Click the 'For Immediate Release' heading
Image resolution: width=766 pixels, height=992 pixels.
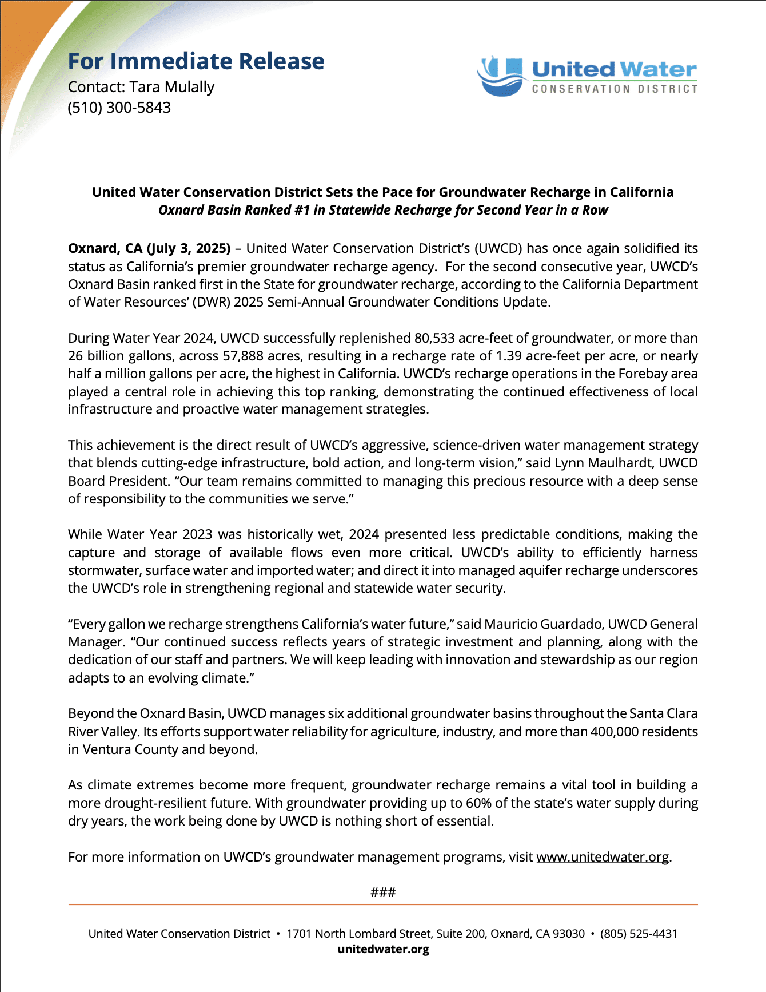[196, 62]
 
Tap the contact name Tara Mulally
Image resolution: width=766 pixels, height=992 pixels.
[171, 87]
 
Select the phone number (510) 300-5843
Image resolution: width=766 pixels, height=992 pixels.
[119, 108]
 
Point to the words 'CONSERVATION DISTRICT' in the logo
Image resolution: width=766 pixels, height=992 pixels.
[615, 89]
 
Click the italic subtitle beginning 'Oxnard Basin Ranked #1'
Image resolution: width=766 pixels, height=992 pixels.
[383, 210]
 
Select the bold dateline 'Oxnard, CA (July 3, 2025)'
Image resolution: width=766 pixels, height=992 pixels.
[149, 248]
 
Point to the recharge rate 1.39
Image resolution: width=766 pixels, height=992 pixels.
[508, 356]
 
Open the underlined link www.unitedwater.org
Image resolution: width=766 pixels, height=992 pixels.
[603, 857]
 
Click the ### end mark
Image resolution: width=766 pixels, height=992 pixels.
[383, 892]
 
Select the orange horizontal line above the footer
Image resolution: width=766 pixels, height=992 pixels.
[383, 904]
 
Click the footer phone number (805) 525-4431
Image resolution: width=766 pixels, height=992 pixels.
[639, 934]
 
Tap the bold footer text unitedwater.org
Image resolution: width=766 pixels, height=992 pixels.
[383, 949]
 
